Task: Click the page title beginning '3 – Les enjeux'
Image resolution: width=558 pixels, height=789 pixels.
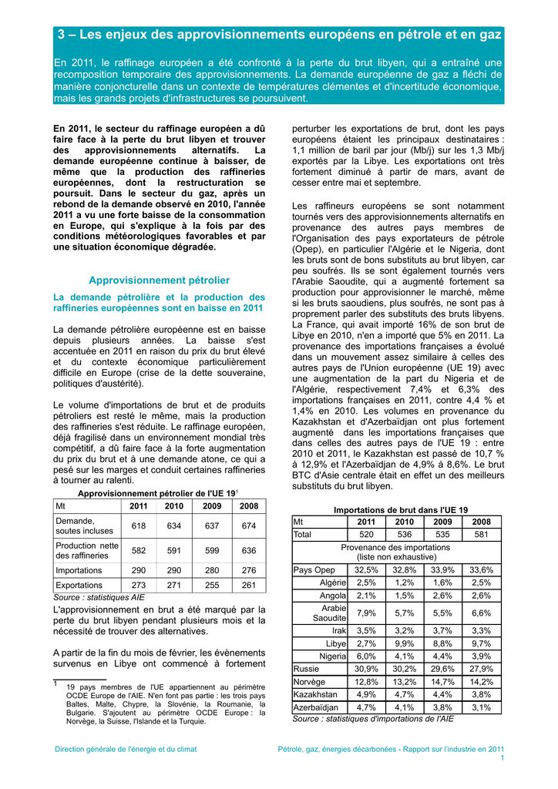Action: tap(279, 35)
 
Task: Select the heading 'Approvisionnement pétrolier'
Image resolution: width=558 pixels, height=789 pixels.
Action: tap(159, 280)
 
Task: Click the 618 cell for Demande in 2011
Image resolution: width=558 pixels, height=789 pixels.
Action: tap(139, 526)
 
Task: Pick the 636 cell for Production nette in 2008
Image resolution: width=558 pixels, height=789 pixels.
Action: tap(249, 551)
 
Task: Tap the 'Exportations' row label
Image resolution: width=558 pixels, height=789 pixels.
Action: tap(79, 586)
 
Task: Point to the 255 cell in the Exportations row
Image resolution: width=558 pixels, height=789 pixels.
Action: tap(212, 586)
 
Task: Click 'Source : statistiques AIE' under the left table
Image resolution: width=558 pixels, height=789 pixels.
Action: tap(99, 597)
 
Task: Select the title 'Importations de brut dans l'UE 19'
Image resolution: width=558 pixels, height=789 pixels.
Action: tap(400, 510)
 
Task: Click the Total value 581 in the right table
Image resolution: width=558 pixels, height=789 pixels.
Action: tap(481, 534)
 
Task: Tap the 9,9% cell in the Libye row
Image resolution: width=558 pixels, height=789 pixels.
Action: tap(405, 643)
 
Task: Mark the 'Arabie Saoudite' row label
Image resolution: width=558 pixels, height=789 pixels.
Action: tap(329, 613)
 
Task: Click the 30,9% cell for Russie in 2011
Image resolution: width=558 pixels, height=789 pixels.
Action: tap(366, 669)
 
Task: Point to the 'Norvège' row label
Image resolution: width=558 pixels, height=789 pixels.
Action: tap(310, 682)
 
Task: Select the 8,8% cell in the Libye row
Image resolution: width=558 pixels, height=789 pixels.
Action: tap(442, 643)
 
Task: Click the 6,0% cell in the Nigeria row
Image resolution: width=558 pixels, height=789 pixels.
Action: tap(366, 656)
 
